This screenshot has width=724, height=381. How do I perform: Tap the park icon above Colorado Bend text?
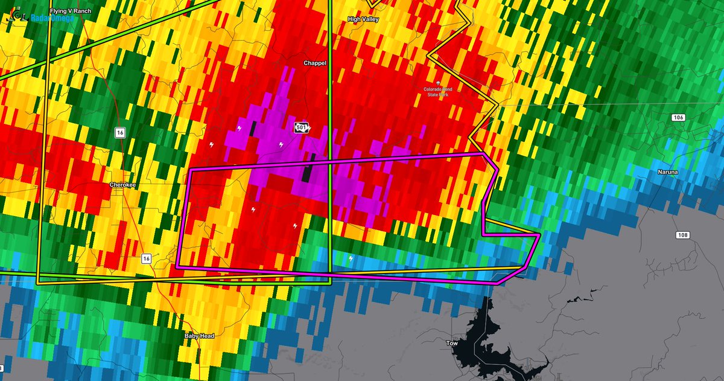click(x=439, y=82)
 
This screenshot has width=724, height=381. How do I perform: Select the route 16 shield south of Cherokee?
click(x=146, y=258)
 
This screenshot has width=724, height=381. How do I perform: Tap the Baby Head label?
click(x=199, y=336)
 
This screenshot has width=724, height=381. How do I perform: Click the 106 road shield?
click(x=679, y=117)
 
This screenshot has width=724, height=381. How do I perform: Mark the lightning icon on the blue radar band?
click(x=351, y=259)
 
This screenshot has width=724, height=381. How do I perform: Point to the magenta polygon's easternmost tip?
click(x=539, y=234)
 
